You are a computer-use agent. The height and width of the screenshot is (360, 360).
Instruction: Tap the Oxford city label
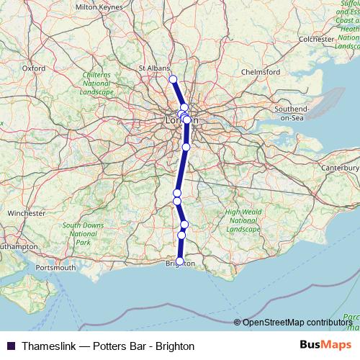[x=34, y=68]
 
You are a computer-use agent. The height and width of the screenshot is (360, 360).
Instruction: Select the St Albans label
[x=153, y=68]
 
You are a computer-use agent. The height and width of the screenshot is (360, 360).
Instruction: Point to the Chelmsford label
[x=263, y=73]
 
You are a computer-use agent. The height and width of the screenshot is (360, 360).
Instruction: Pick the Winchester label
[x=27, y=214]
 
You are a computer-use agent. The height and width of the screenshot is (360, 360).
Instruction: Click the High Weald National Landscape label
[x=242, y=220]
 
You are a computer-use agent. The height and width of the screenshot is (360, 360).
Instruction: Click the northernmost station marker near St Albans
[x=173, y=79]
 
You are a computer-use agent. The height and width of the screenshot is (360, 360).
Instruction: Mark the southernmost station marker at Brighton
[x=180, y=261]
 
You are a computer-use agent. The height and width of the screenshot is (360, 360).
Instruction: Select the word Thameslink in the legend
[x=48, y=346]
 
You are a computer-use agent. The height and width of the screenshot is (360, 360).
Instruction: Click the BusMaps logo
[x=322, y=346]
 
